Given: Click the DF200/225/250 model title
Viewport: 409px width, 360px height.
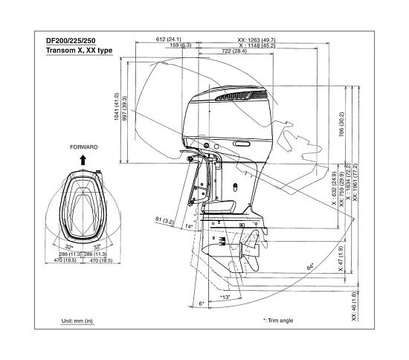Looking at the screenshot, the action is click(71, 41).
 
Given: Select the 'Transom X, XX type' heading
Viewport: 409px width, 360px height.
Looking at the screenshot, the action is click(80, 51).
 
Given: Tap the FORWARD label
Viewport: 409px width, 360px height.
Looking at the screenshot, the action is click(84, 147).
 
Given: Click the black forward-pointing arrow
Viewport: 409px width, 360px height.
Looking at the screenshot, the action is click(83, 160).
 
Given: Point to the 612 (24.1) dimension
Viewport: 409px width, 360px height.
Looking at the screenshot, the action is click(168, 39).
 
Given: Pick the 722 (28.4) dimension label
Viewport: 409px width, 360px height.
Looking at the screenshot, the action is click(234, 51).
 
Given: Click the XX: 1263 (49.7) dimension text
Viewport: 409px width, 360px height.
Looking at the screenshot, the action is click(256, 40).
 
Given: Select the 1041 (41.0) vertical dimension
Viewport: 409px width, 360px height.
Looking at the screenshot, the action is click(117, 106).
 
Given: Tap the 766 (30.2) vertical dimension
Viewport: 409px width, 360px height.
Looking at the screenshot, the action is click(341, 124).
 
